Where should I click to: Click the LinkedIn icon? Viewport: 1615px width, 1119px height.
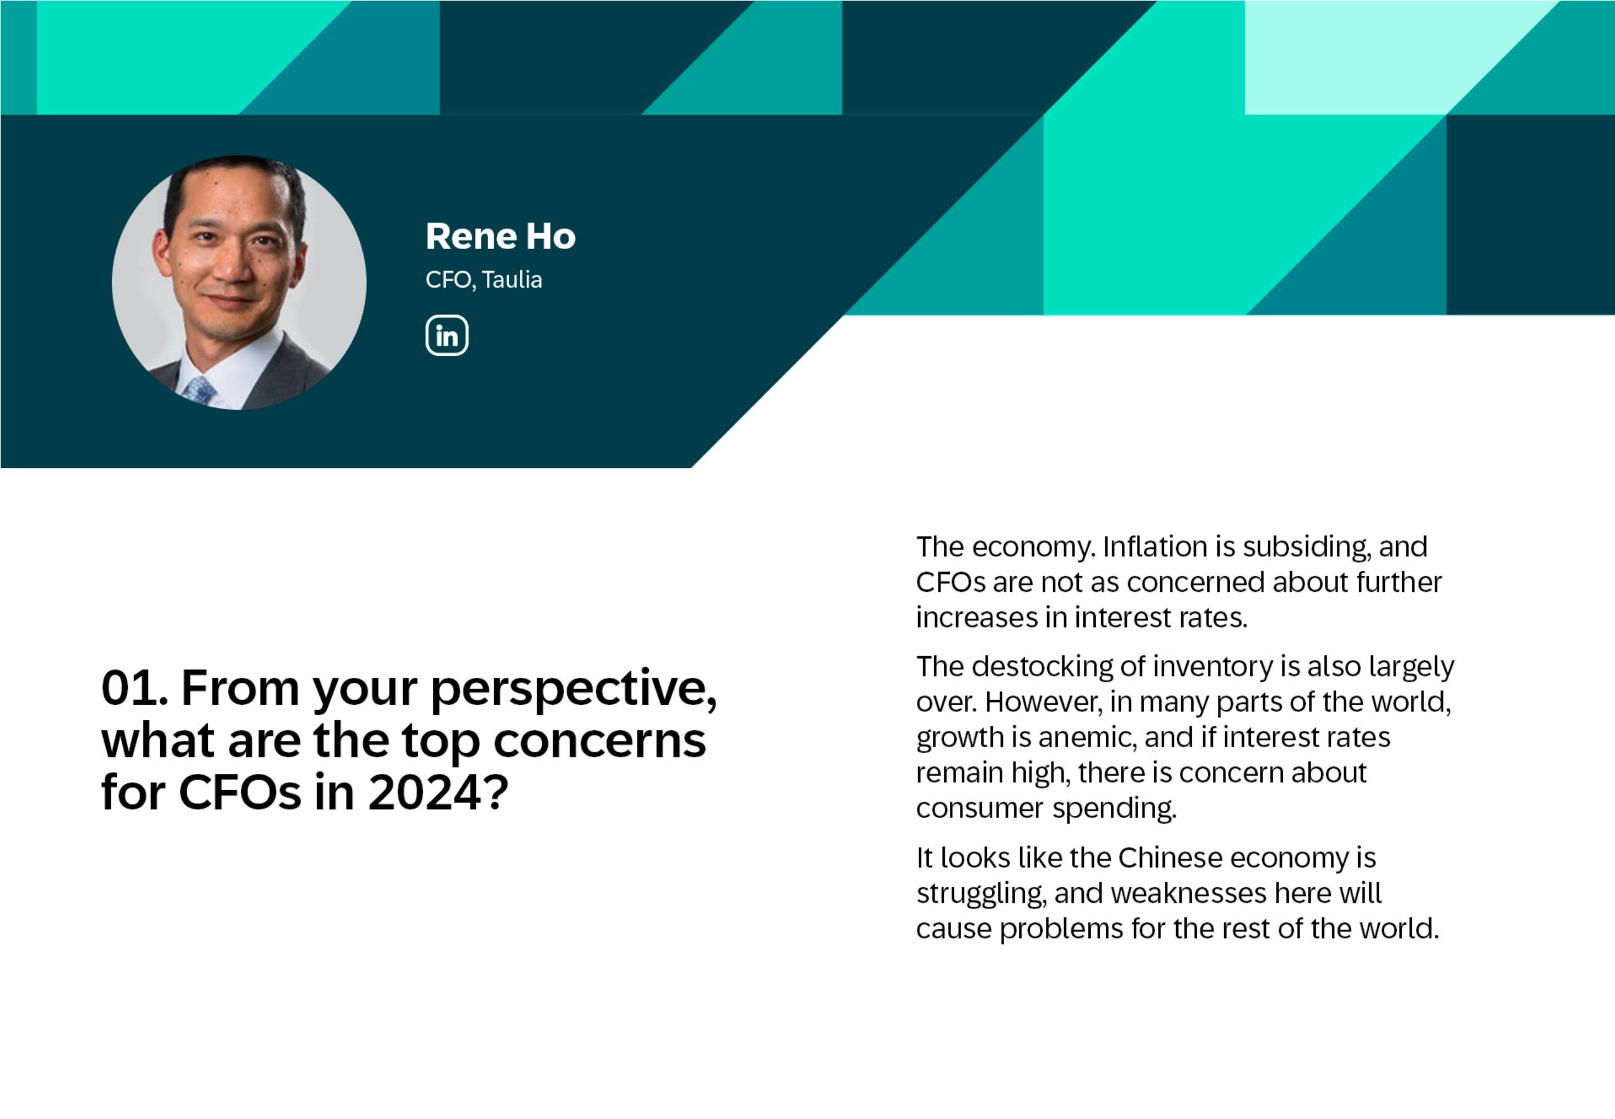coord(446,335)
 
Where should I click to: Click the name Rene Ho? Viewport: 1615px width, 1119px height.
coord(500,236)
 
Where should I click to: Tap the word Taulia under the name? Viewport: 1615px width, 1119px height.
coord(512,279)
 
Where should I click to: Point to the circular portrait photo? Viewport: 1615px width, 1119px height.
coord(238,283)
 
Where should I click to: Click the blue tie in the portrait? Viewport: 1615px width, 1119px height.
coord(200,390)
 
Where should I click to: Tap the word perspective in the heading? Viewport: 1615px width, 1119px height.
coord(573,689)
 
